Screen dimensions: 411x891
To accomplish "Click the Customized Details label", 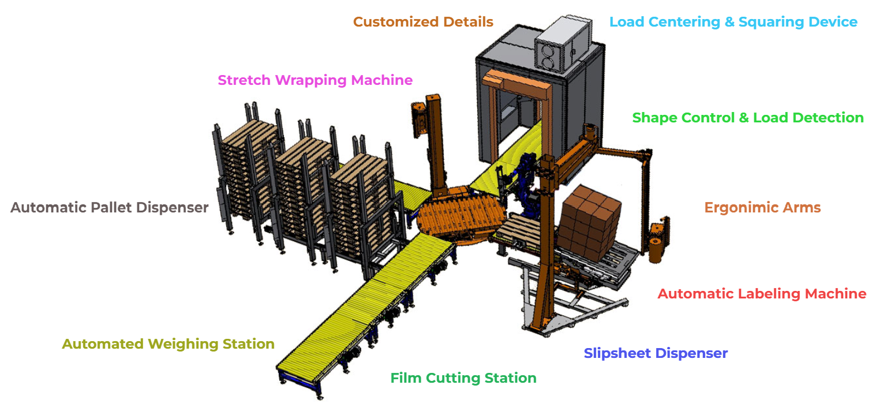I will (423, 22).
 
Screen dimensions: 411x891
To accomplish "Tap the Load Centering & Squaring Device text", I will (733, 22).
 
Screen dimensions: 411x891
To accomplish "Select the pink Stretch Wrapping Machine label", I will (315, 80).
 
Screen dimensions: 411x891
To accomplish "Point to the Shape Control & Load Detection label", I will (748, 118).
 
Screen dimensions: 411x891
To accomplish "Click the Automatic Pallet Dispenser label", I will (110, 207).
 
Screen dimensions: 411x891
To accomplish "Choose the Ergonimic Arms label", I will (762, 208).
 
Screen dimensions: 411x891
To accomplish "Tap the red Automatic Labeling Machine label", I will (762, 294).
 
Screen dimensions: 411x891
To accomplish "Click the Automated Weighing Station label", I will (168, 344).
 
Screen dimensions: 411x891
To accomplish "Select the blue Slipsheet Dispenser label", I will (656, 353).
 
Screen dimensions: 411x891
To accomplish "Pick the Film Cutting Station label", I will (463, 379).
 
